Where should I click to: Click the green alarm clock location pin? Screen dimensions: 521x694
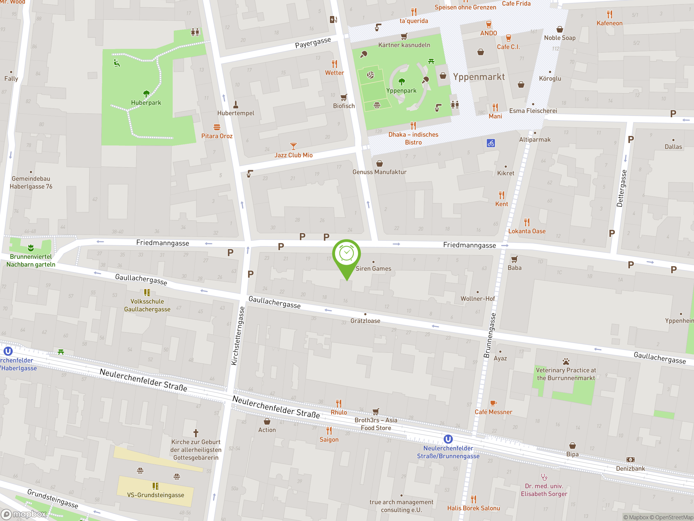(346, 254)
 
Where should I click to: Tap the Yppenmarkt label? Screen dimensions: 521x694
(479, 77)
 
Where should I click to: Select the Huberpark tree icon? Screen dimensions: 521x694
(146, 94)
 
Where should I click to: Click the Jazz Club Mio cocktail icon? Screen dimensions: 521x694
(293, 146)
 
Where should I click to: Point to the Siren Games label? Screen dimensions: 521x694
(373, 269)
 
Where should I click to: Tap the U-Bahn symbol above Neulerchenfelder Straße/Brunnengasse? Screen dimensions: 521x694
(448, 439)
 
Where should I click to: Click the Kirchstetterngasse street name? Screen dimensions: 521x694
(238, 336)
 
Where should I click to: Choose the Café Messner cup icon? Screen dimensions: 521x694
(493, 403)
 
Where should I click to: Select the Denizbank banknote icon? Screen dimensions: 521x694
(630, 460)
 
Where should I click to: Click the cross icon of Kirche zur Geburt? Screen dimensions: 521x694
(196, 433)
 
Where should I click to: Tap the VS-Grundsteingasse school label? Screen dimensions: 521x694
(156, 495)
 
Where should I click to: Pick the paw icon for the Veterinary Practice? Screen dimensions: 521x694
(566, 361)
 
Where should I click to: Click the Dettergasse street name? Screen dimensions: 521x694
(622, 188)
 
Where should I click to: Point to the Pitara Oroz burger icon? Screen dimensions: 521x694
(217, 127)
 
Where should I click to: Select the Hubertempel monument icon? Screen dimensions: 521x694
(236, 104)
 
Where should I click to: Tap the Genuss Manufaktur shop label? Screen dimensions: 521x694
(379, 172)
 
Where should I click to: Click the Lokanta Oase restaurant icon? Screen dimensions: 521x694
(527, 222)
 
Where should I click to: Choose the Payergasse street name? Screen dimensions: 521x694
(313, 43)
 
